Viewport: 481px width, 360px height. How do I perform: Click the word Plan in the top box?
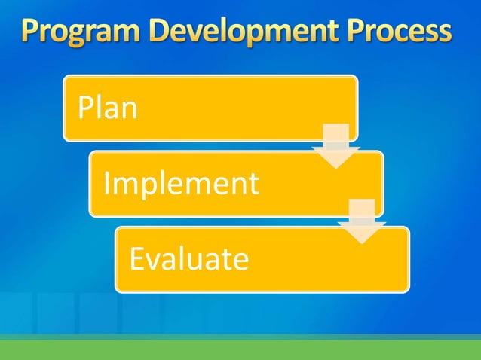[108, 108]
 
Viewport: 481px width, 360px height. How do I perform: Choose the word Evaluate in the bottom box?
[189, 259]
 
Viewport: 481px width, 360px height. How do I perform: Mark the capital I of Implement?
[106, 183]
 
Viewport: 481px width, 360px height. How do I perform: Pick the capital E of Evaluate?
[136, 259]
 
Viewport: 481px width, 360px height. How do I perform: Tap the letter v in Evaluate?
[154, 260]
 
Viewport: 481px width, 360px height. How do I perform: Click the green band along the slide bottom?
[240, 349]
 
